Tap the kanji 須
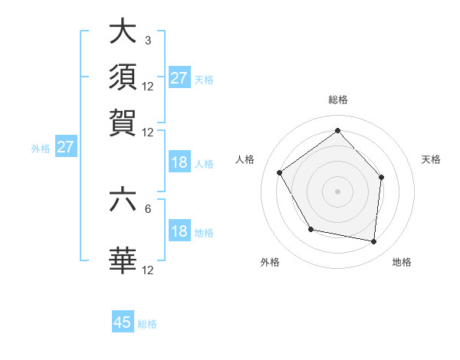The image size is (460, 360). point(123,77)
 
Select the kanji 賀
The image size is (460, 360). point(123,122)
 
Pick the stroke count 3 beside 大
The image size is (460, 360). point(147,41)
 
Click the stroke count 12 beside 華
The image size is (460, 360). point(148,270)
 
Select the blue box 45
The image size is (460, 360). point(123,322)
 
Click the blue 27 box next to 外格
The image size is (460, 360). point(64,147)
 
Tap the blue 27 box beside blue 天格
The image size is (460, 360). point(179,78)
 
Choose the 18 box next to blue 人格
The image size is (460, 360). point(179,162)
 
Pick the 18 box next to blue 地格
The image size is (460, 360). point(179,232)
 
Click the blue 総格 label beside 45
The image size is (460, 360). point(147,324)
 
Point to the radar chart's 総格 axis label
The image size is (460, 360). point(338,100)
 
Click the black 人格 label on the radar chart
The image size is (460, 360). point(245,159)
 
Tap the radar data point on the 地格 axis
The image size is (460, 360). point(374,241)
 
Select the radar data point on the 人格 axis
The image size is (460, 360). point(280,172)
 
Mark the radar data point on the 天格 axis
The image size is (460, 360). point(381,177)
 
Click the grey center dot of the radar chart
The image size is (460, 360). point(338,191)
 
